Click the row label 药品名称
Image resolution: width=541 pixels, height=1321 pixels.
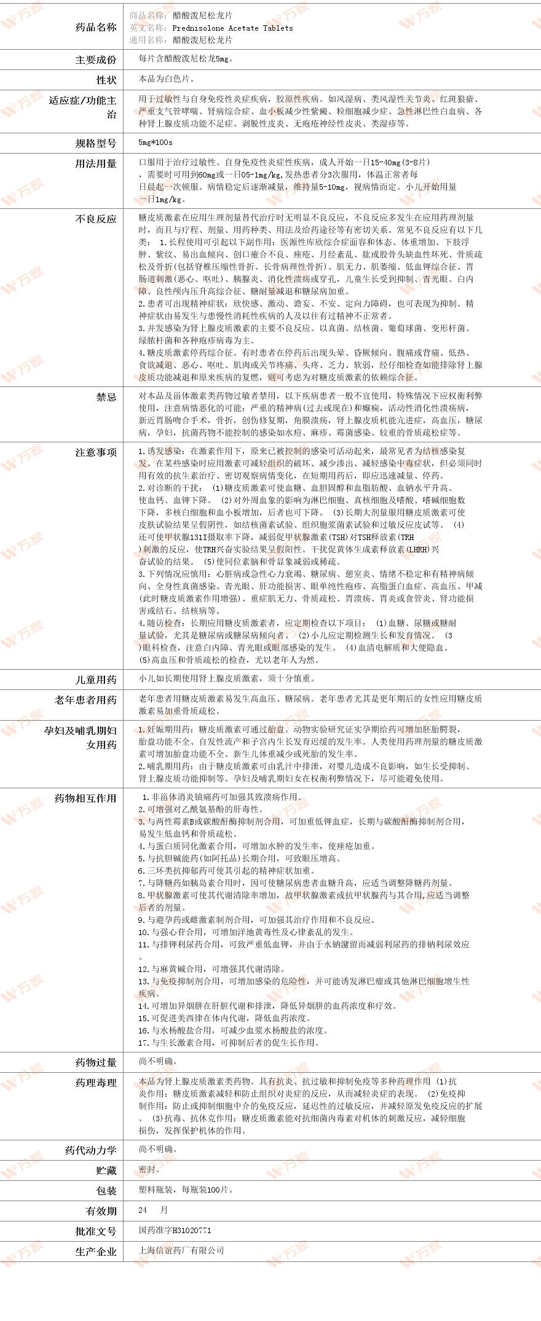coord(95,27)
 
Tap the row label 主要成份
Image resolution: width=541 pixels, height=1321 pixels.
coord(95,60)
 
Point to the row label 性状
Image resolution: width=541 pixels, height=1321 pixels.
coord(106,80)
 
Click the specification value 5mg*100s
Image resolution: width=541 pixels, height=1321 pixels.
coord(156,143)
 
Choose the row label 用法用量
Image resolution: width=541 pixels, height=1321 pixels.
coord(95,163)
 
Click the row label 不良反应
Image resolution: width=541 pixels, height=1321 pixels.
coord(95,218)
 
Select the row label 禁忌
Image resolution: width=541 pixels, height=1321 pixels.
coord(106,397)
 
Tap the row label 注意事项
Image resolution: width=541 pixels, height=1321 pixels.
coord(95,452)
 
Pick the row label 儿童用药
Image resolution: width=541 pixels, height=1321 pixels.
coord(95,680)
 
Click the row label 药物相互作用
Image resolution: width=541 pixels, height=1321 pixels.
coord(85,798)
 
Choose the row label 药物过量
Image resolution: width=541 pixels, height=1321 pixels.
coord(95,1062)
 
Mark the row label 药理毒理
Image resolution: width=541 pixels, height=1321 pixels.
coord(95,1083)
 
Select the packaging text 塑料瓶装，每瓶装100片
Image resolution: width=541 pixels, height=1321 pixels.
coord(186,1190)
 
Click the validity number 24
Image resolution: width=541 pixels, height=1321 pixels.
coord(143,1210)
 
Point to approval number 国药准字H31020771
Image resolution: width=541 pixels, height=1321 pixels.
coord(175,1231)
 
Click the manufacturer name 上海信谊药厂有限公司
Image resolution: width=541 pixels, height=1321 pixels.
coord(181,1250)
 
